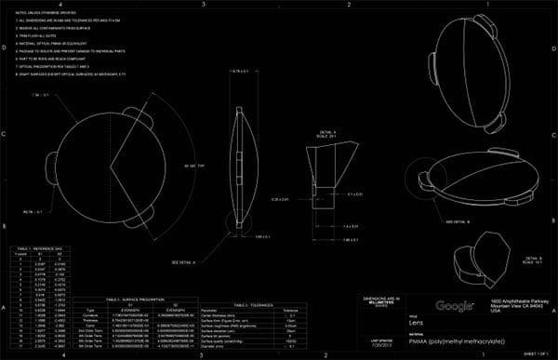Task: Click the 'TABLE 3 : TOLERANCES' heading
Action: [x=253, y=304]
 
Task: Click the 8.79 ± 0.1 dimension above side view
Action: [x=241, y=72]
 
